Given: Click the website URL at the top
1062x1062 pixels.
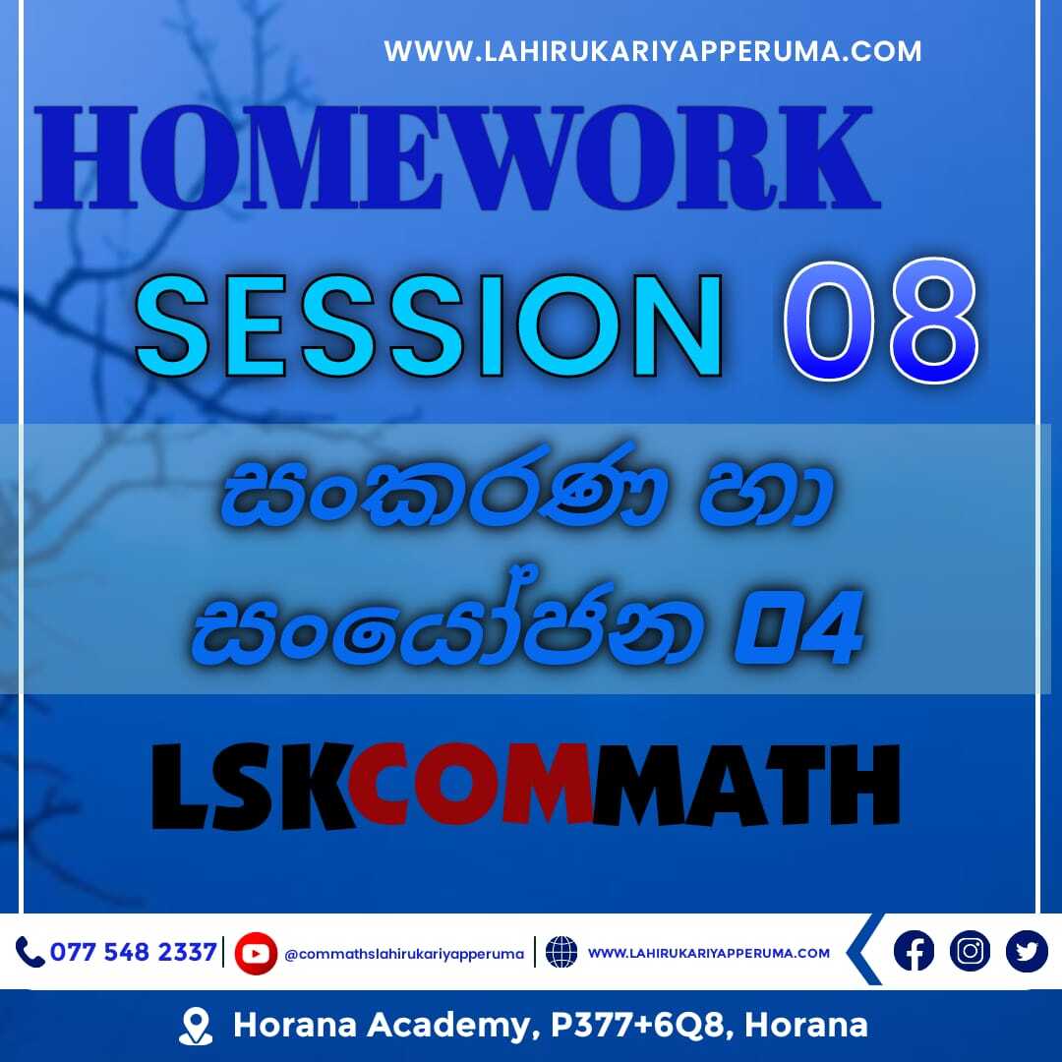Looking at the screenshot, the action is click(652, 51).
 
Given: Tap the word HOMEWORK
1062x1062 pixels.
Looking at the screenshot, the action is click(457, 158).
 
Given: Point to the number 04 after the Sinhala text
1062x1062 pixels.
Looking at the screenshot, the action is click(799, 627).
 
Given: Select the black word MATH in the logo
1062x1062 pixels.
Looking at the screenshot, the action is click(746, 786).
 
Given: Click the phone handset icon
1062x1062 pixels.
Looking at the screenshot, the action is click(29, 952).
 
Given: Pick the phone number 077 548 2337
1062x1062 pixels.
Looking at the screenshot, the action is click(134, 952).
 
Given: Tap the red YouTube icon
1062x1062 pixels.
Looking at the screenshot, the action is click(256, 953).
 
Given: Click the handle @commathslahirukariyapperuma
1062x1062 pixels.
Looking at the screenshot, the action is click(404, 954).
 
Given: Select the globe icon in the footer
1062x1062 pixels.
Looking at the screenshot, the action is click(561, 952).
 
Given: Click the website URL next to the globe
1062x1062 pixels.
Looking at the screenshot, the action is click(708, 953).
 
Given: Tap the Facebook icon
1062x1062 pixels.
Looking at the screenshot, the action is click(914, 951).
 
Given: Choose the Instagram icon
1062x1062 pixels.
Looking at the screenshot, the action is click(970, 951).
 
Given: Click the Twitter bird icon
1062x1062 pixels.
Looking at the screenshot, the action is click(1027, 951).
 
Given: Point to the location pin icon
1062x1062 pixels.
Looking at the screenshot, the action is click(196, 1026).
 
